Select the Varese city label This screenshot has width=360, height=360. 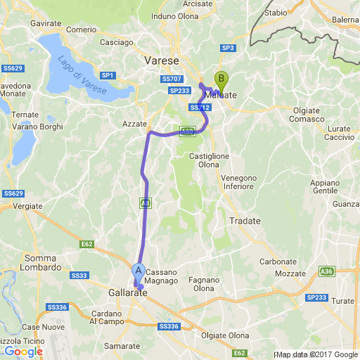point(162,61)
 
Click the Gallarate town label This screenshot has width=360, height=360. point(128,292)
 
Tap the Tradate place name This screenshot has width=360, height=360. point(245,221)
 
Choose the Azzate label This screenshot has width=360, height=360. point(134,123)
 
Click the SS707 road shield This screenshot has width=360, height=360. point(171,79)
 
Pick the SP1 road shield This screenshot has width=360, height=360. point(108,75)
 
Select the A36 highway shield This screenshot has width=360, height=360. point(326,271)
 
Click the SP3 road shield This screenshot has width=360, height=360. point(226,48)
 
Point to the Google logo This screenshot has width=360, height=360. point(23,351)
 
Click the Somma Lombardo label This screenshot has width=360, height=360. point(44,263)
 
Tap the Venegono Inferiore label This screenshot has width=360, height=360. point(239,182)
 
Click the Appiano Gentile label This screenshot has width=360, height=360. point(325,186)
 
